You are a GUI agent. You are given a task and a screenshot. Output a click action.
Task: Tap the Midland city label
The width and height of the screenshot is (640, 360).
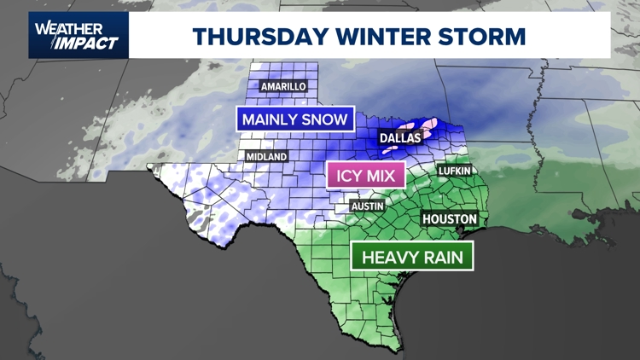coord(266,157)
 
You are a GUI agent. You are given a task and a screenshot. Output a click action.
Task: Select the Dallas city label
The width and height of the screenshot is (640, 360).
coord(400,137)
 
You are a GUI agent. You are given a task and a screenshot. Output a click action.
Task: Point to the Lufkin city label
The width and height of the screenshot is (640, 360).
coord(454,171)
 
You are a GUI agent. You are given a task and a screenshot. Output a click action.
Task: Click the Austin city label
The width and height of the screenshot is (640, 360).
coord(369,206)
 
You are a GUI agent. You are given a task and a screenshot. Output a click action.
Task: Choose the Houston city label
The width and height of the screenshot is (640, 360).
coord(449,219)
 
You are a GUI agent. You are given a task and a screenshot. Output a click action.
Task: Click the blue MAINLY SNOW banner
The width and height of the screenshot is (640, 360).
coord(294,119)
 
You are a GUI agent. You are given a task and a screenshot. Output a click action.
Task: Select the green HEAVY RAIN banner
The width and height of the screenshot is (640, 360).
coord(413,256)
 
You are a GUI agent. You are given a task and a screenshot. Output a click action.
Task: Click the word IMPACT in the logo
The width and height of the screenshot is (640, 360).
coord(84,44)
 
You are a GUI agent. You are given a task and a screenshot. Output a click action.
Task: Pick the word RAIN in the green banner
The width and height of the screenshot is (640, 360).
coord(443,256)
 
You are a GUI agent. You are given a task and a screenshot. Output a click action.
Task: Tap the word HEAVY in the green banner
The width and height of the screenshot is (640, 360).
coord(389,256)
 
